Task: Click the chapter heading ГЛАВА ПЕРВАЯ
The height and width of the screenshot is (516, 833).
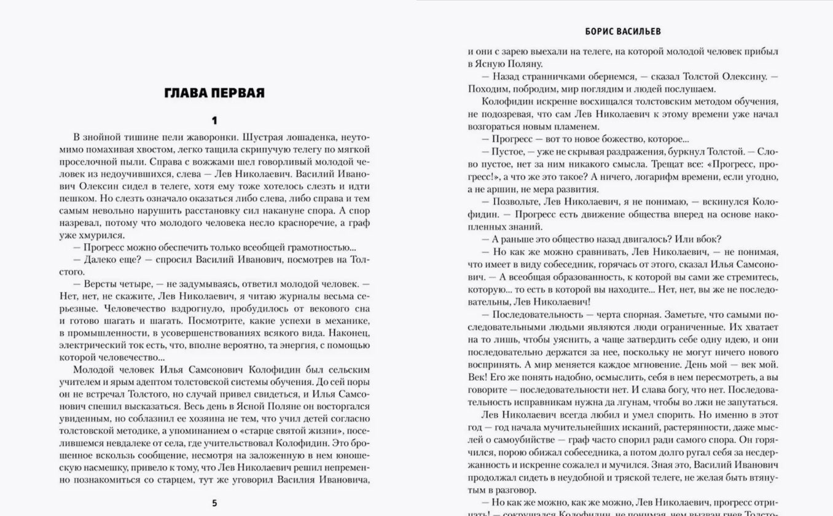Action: [x=214, y=93]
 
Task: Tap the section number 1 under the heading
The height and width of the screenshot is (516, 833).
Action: [x=214, y=120]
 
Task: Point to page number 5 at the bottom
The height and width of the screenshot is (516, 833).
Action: [x=214, y=503]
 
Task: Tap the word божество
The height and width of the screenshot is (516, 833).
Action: [x=614, y=139]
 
